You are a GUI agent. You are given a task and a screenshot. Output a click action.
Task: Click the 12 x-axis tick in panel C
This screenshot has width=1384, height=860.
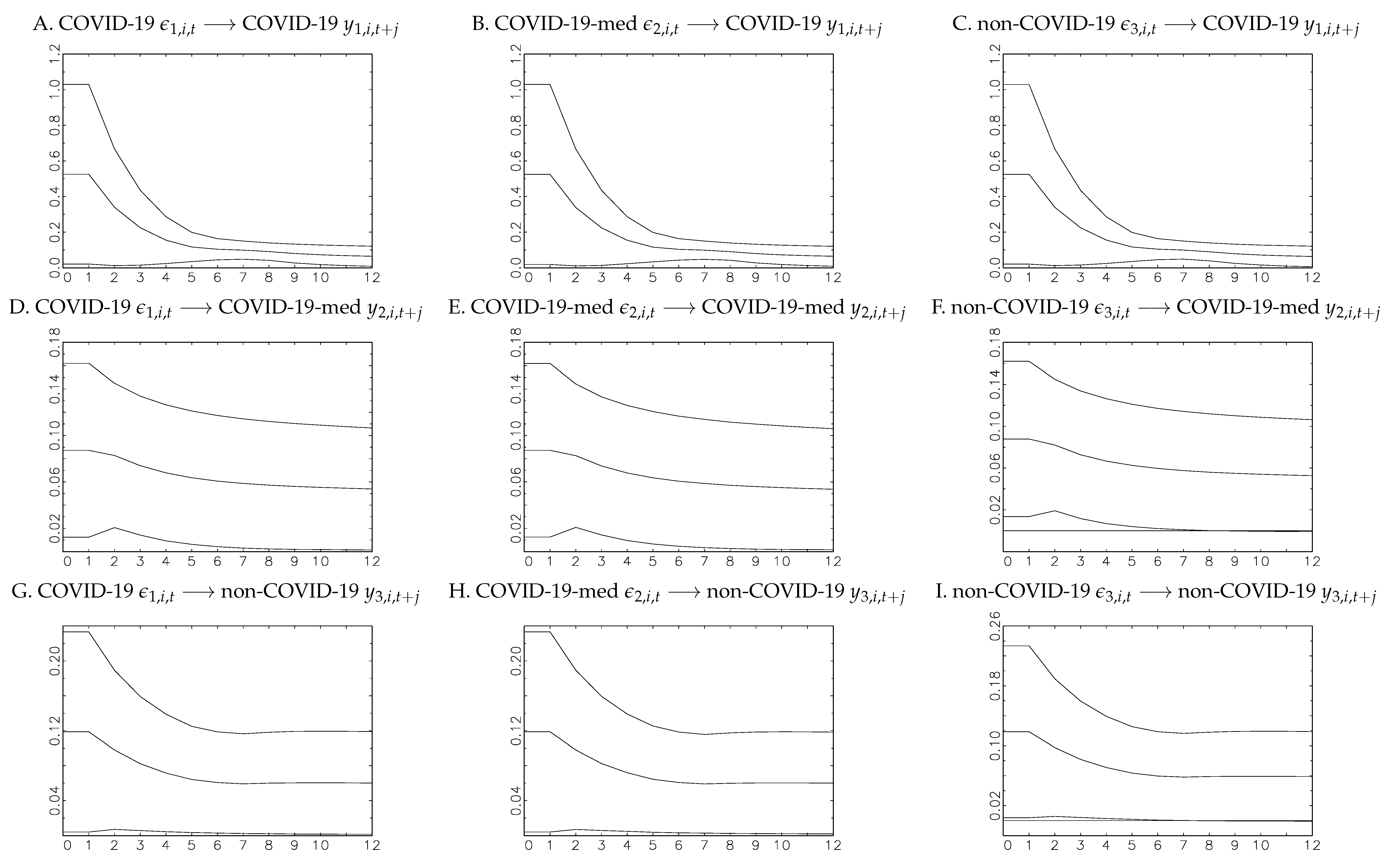[x=1312, y=278]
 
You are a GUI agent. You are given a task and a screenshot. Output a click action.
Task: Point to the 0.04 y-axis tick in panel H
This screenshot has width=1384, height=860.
[x=516, y=801]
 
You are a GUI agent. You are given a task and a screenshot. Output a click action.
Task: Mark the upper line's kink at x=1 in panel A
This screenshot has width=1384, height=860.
[x=89, y=84]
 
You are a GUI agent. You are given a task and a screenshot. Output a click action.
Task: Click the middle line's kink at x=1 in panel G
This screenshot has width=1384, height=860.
[x=89, y=731]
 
